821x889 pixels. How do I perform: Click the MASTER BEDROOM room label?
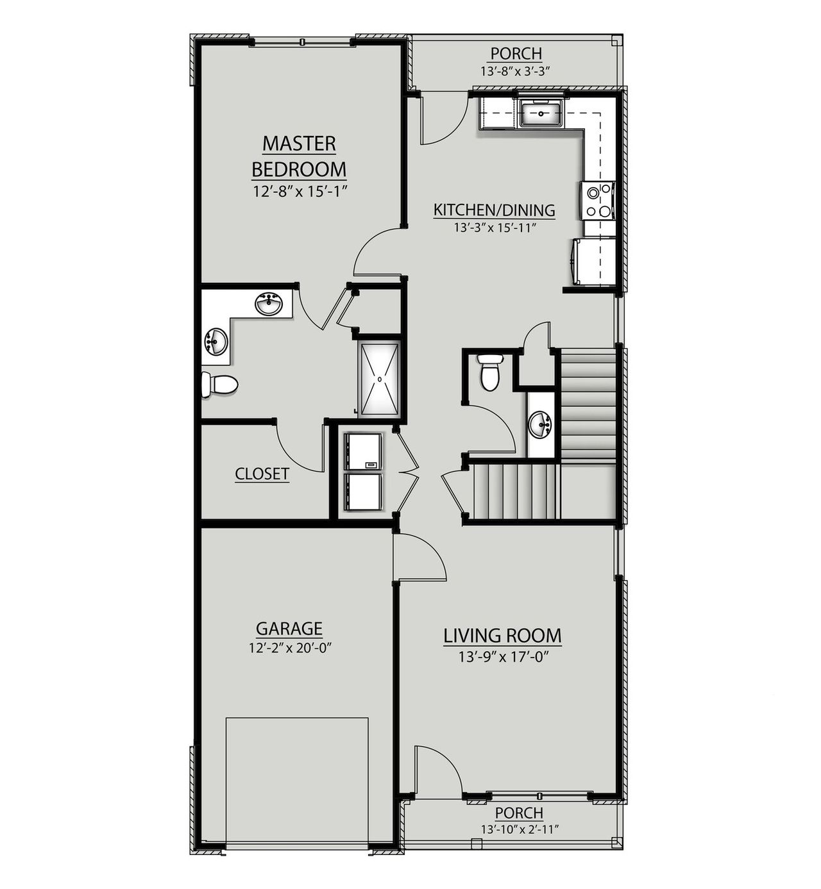coord(299,156)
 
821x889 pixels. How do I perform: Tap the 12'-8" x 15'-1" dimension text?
coord(300,191)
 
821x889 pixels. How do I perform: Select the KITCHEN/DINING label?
coord(494,210)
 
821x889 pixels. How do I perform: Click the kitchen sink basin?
coord(541,114)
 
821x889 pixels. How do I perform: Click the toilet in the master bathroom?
coord(219,385)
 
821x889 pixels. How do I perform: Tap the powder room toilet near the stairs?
coord(491,371)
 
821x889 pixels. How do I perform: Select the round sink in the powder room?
coord(541,424)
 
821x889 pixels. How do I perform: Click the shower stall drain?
coord(380,379)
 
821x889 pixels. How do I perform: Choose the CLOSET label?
coord(262,474)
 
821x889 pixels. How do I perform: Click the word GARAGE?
coord(289,628)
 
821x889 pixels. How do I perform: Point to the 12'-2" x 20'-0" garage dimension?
coord(289,648)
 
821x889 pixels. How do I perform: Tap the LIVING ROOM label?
coord(502,636)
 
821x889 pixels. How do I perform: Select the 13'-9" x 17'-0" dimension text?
coord(502,657)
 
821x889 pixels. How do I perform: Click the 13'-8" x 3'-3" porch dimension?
coord(516,71)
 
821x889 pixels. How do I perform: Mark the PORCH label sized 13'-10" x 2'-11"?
coord(519,813)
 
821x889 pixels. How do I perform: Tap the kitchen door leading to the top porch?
coord(443,119)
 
